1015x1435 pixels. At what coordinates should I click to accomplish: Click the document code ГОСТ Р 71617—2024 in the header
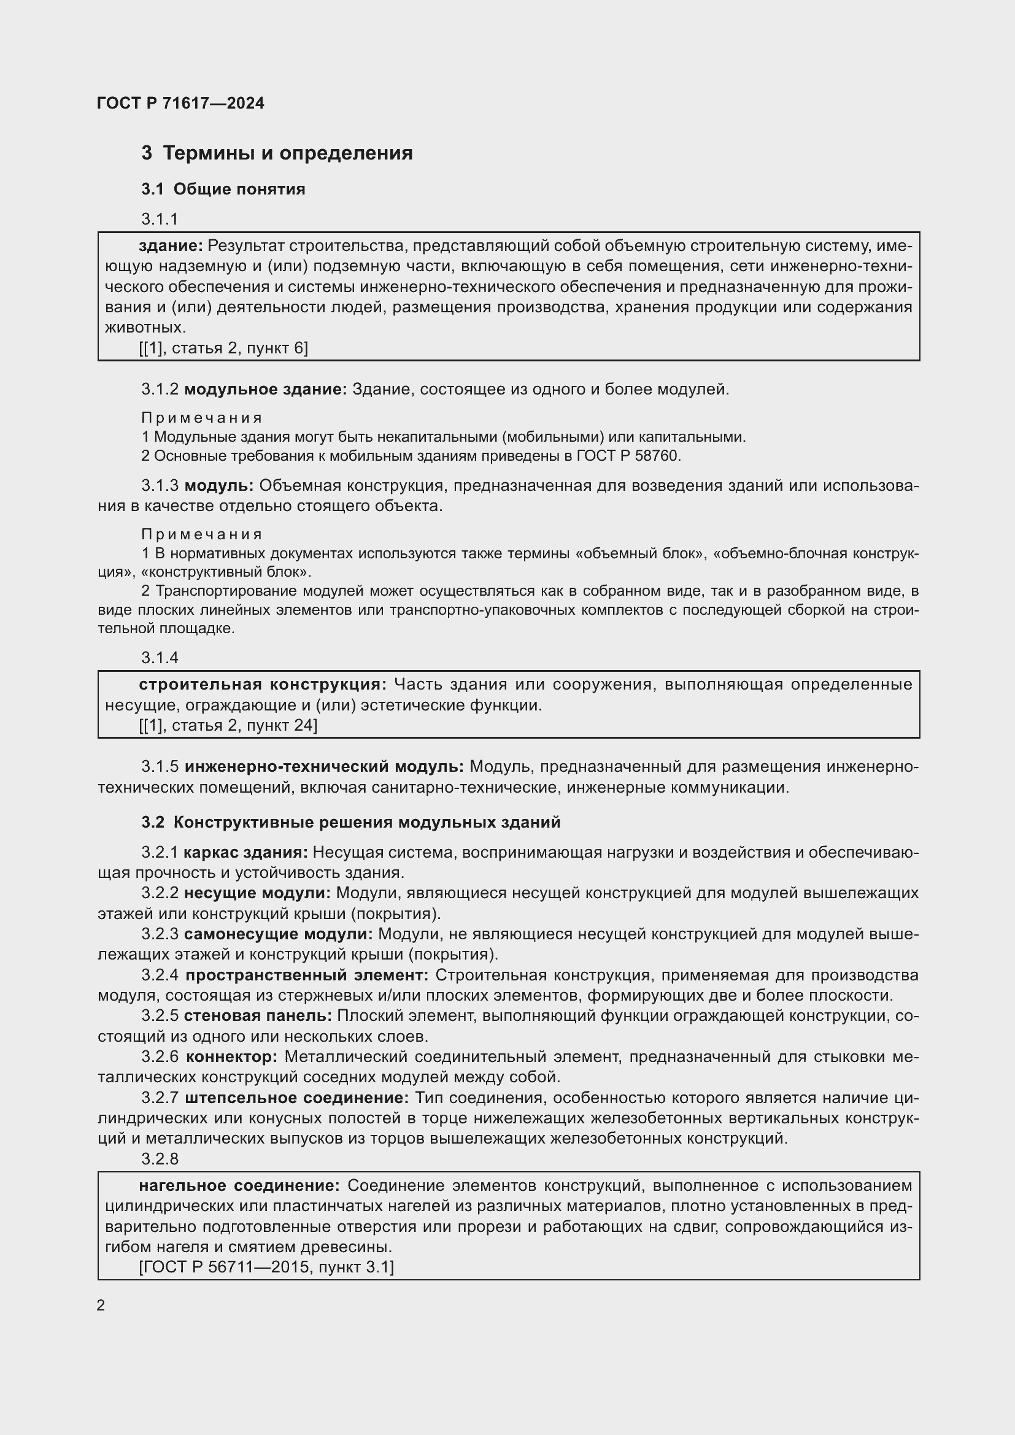click(180, 103)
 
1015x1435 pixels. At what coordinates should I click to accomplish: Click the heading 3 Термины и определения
click(277, 153)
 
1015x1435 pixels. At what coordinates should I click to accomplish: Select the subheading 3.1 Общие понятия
click(223, 189)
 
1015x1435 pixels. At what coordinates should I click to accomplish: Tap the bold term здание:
click(171, 246)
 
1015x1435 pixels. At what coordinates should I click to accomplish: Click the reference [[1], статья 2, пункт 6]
click(223, 348)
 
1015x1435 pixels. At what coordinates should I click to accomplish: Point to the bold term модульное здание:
click(266, 390)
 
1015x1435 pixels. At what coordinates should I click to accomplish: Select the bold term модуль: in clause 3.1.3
click(218, 486)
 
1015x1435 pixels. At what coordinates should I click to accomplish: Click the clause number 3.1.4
click(160, 658)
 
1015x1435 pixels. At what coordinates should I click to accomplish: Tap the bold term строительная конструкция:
click(263, 685)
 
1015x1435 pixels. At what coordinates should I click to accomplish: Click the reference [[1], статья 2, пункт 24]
click(228, 725)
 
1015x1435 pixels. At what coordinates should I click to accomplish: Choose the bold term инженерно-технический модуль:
click(325, 766)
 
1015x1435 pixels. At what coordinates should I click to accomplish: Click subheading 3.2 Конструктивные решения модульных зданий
click(350, 823)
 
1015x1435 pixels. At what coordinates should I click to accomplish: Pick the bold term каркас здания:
click(245, 853)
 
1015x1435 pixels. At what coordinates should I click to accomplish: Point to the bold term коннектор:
click(232, 1057)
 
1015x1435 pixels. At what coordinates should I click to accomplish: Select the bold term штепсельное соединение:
click(297, 1098)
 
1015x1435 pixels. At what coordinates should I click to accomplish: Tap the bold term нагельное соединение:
click(239, 1186)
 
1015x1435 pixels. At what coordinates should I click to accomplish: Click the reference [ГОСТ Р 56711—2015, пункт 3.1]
click(266, 1267)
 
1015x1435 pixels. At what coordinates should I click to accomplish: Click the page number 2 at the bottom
click(101, 1306)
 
